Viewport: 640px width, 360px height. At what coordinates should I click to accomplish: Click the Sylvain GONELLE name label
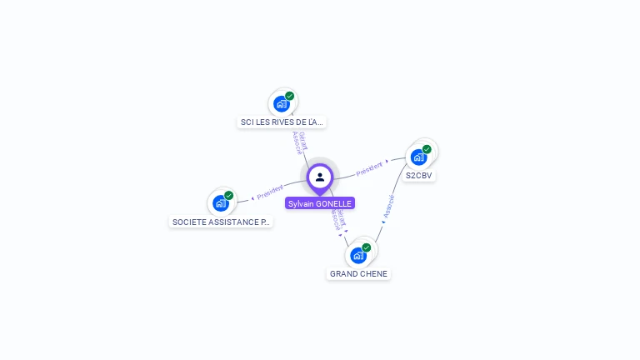coord(320,203)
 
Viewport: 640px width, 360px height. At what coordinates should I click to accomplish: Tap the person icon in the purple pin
coord(320,177)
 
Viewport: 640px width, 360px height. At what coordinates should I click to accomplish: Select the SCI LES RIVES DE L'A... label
coord(282,122)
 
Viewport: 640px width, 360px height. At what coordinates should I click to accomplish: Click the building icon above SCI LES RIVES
coord(282,104)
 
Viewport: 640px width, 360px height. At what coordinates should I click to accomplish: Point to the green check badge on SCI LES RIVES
coord(290,96)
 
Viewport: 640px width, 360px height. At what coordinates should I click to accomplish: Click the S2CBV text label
coord(418,176)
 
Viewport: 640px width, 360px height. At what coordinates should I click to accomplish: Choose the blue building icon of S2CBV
coord(418,157)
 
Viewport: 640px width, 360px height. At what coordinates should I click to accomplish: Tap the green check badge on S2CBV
coord(427,149)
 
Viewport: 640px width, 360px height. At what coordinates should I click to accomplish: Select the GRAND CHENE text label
coord(358,274)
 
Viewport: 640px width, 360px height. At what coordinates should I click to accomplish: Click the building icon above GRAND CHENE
coord(358,255)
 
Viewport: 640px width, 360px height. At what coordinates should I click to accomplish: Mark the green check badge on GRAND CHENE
coord(367,247)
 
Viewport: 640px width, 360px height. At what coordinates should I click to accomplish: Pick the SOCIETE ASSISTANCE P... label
coord(221,222)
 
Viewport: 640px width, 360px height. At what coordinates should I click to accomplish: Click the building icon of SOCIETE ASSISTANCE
coord(221,202)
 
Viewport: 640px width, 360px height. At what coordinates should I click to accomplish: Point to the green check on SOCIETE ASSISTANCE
coord(229,195)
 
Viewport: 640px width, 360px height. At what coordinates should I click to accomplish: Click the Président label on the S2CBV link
coord(370,168)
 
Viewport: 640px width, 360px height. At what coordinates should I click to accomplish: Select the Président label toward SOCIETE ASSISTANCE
coord(270,193)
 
